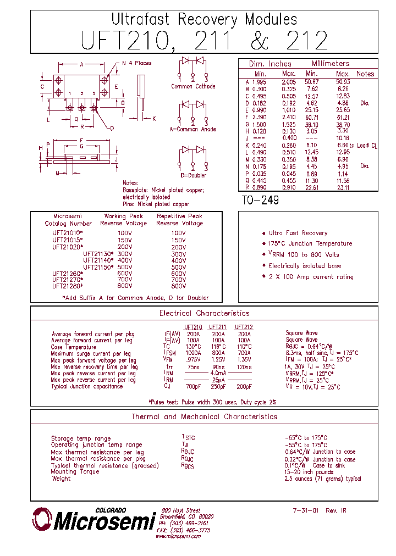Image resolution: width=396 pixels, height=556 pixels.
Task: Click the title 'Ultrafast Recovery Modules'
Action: [x=204, y=20]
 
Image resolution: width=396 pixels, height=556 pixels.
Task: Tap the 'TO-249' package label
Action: [x=260, y=201]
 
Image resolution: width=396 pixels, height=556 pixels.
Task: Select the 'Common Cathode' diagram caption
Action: [x=193, y=86]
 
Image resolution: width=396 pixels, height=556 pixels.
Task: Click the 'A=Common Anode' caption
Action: [x=193, y=129]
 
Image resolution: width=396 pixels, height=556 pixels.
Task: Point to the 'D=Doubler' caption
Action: [x=193, y=175]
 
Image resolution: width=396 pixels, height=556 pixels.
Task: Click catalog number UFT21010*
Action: [x=68, y=233]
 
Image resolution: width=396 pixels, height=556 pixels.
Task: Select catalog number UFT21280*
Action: [x=68, y=286]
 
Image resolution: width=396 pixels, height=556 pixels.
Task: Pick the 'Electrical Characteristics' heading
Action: [x=204, y=313]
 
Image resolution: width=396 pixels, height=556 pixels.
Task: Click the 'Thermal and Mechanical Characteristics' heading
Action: [x=204, y=416]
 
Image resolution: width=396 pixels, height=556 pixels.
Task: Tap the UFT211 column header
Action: [x=218, y=327]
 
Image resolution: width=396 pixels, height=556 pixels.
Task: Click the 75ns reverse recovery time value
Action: [x=194, y=366]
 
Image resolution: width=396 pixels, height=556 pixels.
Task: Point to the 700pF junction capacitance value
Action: [x=194, y=386]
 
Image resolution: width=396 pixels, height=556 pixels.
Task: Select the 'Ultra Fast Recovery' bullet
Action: [x=298, y=233]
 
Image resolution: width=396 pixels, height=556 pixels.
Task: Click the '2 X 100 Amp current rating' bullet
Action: [x=311, y=277]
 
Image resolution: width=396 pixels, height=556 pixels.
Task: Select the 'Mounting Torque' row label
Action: [x=75, y=471]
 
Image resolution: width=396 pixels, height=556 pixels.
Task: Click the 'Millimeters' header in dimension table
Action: [x=331, y=64]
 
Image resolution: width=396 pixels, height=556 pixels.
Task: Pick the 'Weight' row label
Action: [x=61, y=479]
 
